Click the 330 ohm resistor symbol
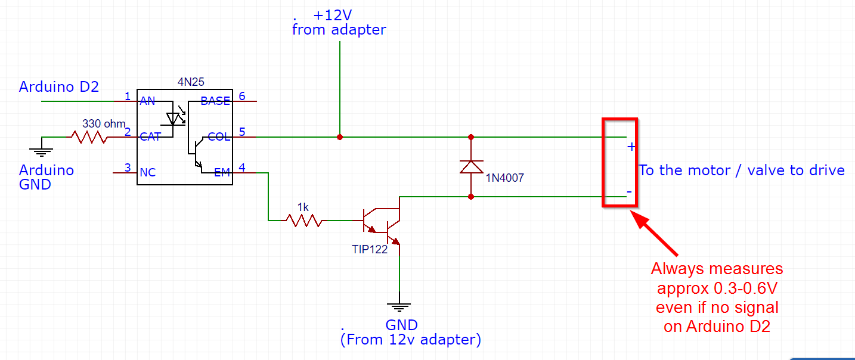click(89, 137)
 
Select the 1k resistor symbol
click(303, 221)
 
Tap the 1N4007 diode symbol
click(471, 166)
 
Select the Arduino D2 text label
click(59, 87)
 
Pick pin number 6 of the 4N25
click(241, 96)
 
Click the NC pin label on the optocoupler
click(147, 173)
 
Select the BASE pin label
click(215, 101)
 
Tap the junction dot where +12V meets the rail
click(340, 137)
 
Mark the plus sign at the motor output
click(631, 147)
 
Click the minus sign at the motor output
click(629, 192)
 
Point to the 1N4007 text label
click(504, 178)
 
